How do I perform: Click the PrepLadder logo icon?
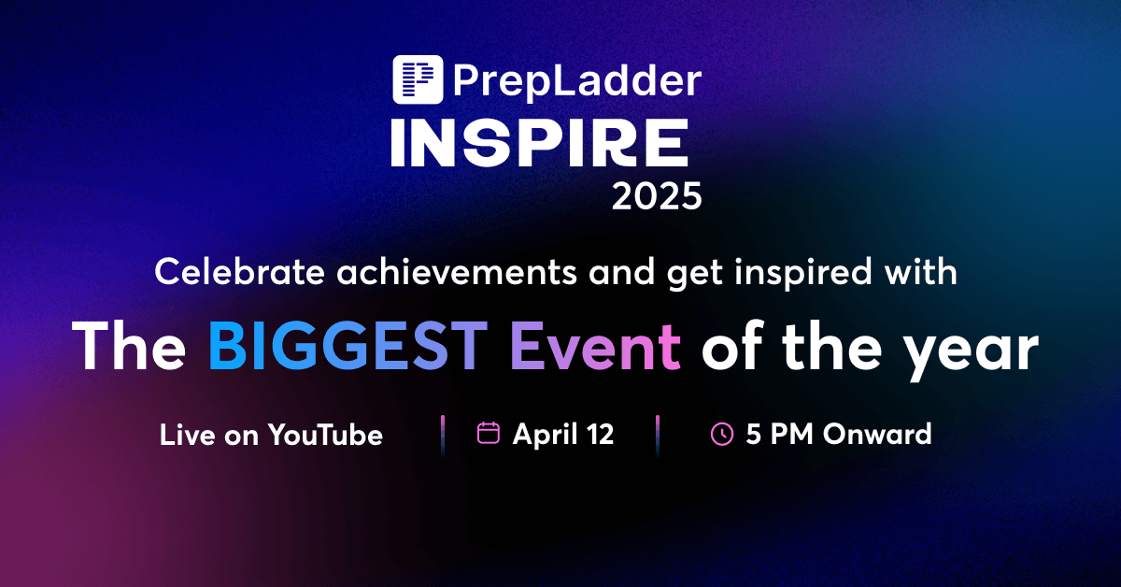[x=418, y=79]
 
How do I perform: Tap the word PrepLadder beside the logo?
[x=576, y=80]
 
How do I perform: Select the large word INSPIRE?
[x=539, y=146]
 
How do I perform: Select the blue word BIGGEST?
[x=348, y=348]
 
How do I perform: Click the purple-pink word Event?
[x=595, y=348]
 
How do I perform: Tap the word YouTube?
[x=325, y=435]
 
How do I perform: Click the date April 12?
[x=563, y=435]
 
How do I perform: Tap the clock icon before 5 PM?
[x=722, y=435]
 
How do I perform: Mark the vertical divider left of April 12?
[x=442, y=435]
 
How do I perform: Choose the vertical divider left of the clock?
[x=658, y=435]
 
